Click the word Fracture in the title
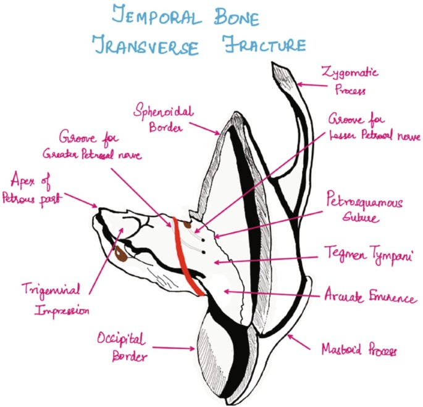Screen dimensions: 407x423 point(263,44)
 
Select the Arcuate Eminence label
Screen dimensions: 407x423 point(370,298)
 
